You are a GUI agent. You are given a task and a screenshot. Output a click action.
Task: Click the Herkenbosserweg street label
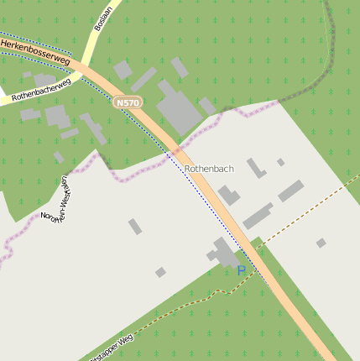pos(34,50)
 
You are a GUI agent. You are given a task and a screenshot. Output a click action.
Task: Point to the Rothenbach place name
pos(209,169)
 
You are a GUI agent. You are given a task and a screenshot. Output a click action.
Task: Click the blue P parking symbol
pos(242,270)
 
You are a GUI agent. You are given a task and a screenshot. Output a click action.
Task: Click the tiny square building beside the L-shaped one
pos(280,162)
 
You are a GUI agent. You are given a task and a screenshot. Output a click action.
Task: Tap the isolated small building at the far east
pos(321,243)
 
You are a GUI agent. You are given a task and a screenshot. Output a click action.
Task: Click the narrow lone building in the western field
pos(134,226)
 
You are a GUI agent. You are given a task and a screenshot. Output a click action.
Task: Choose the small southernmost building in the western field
pos(160,272)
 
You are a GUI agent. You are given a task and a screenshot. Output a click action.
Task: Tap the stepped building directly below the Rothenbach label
pos(228,196)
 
